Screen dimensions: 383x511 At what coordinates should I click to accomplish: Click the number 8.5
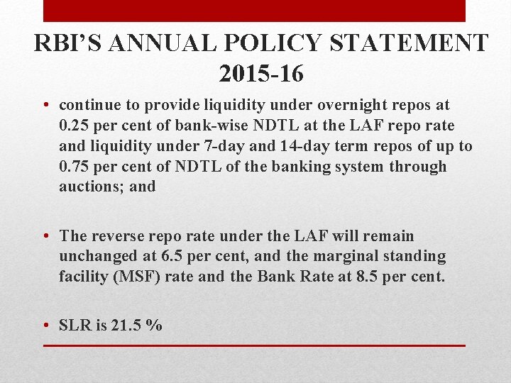click(x=368, y=277)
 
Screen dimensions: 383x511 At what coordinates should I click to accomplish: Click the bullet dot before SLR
click(x=45, y=326)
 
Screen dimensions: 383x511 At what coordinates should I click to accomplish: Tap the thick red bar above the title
click(x=254, y=11)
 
